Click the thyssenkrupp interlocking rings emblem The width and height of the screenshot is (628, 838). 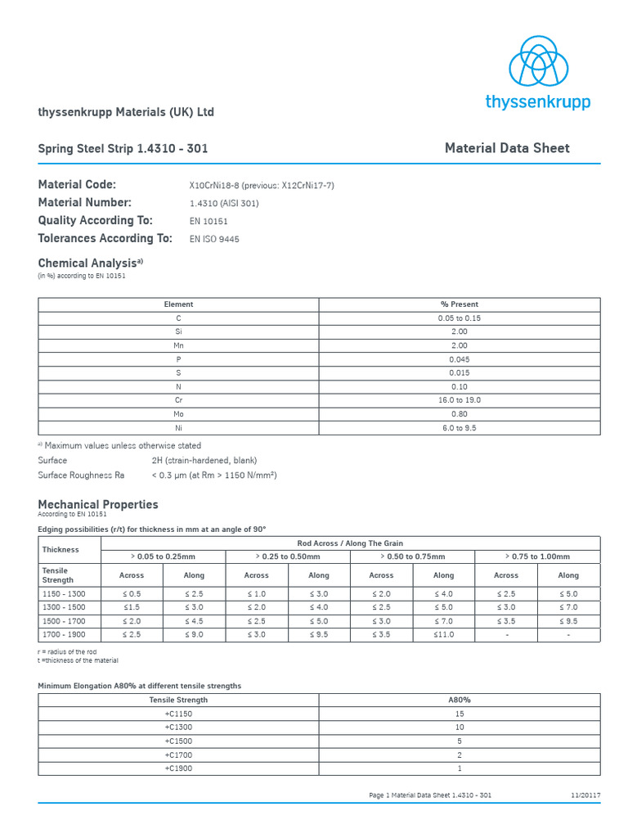(537, 61)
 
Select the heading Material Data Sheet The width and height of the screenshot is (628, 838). (506, 148)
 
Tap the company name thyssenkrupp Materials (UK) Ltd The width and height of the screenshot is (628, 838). (126, 112)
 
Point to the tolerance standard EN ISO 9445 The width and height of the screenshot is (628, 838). (214, 240)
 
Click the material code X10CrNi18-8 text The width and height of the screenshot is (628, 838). (261, 186)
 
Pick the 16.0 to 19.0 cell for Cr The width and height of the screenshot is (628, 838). (459, 400)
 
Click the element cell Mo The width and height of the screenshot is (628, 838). (178, 414)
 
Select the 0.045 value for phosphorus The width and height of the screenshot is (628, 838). (459, 359)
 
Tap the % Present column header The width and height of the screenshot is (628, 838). (459, 304)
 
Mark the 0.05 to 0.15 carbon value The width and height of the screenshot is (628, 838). (459, 318)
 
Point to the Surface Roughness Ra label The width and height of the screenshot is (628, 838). (81, 475)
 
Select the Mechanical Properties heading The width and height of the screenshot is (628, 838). (98, 505)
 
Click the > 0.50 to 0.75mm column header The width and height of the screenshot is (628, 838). (412, 556)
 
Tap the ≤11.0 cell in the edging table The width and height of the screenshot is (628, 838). (443, 635)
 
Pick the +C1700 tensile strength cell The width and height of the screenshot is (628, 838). (178, 755)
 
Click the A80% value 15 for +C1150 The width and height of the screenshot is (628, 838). (459, 714)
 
